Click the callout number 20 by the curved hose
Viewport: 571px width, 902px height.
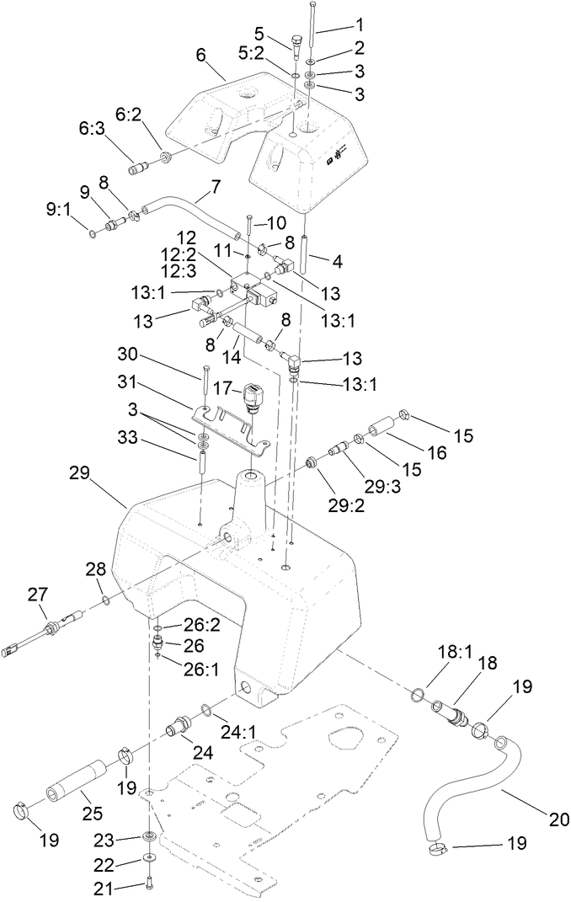click(x=536, y=818)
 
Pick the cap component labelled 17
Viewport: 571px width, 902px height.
click(x=253, y=397)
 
